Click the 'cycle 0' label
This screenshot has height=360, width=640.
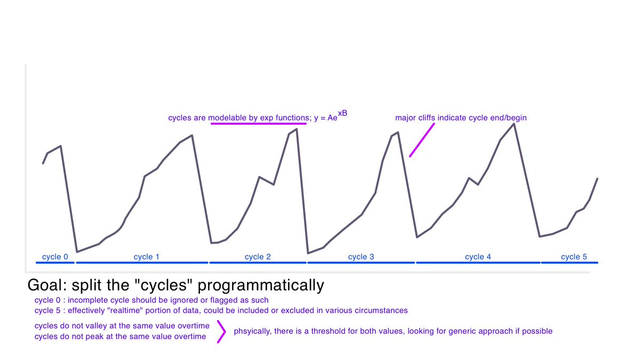(x=55, y=257)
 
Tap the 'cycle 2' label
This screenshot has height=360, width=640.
(x=258, y=257)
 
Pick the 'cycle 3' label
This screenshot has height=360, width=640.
(x=361, y=257)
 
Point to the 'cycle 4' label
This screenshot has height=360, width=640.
(x=478, y=257)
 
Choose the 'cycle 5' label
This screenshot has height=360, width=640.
(x=574, y=257)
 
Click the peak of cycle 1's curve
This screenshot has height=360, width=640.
(x=192, y=135)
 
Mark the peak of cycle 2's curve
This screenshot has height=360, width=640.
(x=297, y=129)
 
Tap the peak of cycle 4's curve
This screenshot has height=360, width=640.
(x=514, y=124)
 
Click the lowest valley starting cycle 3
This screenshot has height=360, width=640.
(x=308, y=253)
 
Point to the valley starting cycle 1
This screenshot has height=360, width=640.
(x=77, y=252)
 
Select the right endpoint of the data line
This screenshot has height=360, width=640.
(x=597, y=179)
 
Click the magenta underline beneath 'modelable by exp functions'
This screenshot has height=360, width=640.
(x=259, y=124)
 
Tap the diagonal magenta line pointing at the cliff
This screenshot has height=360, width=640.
(x=422, y=140)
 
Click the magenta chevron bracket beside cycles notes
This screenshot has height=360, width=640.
(x=220, y=331)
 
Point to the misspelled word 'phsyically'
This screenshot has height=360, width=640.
(x=252, y=331)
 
